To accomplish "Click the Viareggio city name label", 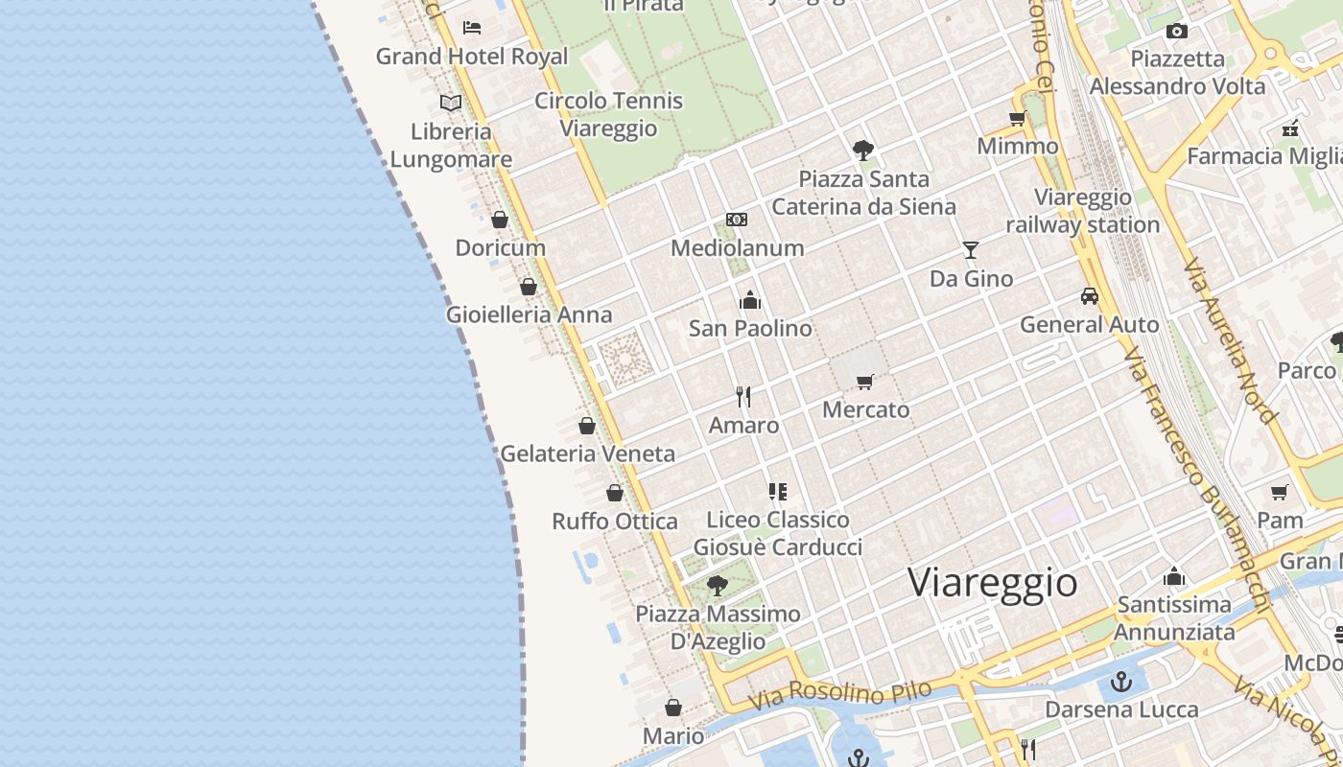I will point(993,583).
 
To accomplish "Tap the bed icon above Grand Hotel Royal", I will point(471,27).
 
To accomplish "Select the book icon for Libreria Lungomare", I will point(451,103).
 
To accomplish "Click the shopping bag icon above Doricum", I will point(500,220).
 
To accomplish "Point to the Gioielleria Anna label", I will point(529,314).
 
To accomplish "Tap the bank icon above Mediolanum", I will point(737,220).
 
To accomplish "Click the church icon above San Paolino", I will point(750,300).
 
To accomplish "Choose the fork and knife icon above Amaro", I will point(743,396).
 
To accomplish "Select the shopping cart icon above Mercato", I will point(865,382).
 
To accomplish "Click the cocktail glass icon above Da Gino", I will point(971,250).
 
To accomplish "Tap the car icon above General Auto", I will point(1089,296).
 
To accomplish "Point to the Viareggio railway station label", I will point(1083,211).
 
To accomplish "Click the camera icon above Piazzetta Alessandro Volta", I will point(1177,31).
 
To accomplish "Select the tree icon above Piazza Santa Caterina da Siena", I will point(863,150).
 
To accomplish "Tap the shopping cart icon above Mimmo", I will point(1017,118).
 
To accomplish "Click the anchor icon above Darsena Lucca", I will point(1121,682).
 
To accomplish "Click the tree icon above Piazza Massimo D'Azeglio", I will point(717,585).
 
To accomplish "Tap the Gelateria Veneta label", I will point(588,453).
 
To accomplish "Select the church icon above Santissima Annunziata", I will point(1174,576).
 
